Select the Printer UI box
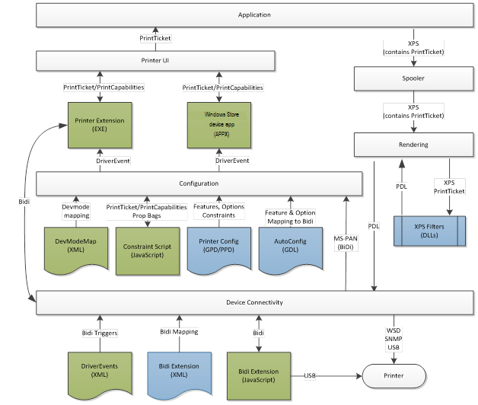click(x=155, y=60)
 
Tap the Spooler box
click(x=414, y=78)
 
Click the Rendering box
click(x=414, y=145)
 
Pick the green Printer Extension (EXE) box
click(x=100, y=126)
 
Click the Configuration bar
click(x=199, y=183)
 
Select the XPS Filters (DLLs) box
click(x=428, y=231)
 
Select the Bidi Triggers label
click(x=98, y=332)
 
